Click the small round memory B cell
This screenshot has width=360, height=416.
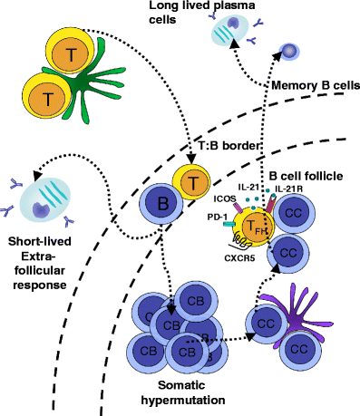pos(292,53)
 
